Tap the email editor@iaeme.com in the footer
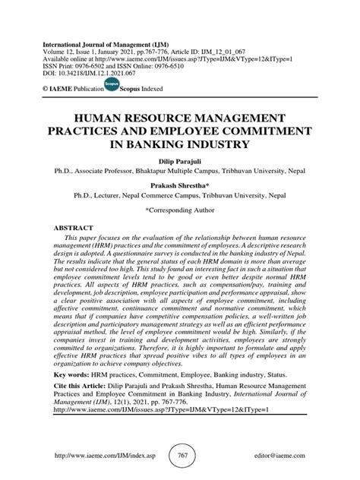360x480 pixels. pyautogui.click(x=279, y=454)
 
